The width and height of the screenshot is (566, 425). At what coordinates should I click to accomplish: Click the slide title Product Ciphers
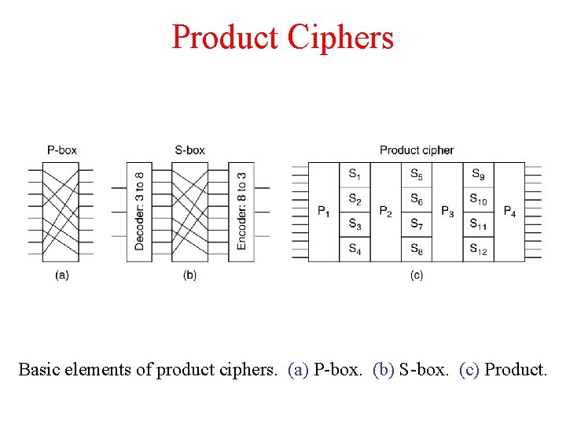282,37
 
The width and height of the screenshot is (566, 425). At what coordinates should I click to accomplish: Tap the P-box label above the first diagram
62,150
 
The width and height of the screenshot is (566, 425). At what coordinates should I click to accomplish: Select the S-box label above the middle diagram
189,150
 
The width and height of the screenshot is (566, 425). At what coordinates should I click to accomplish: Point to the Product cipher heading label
416,150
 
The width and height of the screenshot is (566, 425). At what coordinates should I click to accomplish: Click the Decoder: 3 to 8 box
139,211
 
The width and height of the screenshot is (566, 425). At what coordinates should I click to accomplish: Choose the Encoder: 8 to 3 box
241,211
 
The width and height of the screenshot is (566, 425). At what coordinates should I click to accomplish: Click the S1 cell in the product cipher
355,174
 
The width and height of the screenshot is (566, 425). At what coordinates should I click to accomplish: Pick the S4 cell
355,249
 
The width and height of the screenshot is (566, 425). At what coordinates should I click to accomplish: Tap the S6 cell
417,200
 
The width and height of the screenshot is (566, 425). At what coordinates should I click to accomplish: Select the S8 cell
417,249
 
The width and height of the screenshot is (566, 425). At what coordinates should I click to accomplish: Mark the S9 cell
478,174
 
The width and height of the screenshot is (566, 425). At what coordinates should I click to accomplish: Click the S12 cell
478,249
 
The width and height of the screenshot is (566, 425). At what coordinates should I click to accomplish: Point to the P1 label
324,212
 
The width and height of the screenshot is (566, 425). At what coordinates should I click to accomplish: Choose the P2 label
385,212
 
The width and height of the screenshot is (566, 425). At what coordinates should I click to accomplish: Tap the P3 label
447,212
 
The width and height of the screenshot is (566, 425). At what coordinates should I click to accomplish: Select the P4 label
509,212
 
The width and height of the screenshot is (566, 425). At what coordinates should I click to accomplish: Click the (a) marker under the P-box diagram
62,275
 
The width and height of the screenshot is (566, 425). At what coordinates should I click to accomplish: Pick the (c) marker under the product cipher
416,275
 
